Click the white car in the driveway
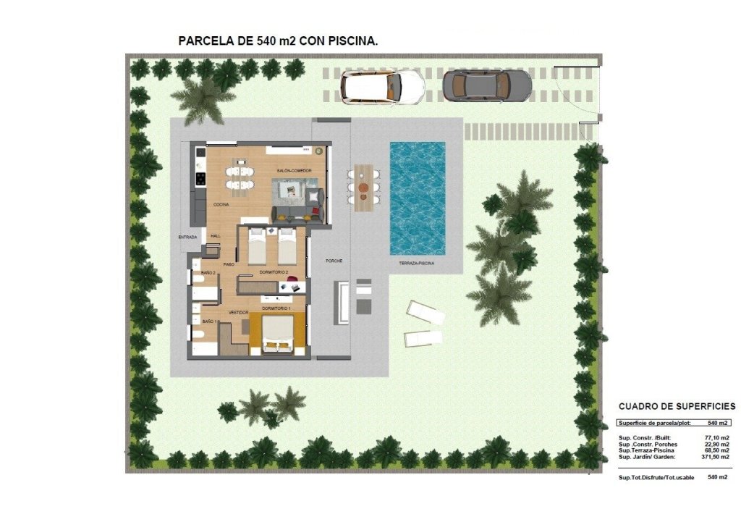383,87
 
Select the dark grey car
487,85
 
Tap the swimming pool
418,197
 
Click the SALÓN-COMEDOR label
294,170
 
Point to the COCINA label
221,205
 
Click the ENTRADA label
187,237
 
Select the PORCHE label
334,261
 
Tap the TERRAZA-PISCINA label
416,264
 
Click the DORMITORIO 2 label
274,272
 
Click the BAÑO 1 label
211,321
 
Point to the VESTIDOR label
239,312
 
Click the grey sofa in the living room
297,213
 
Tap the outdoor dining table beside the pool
363,188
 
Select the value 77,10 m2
716,438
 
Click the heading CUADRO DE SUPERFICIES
677,407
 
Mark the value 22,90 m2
716,445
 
